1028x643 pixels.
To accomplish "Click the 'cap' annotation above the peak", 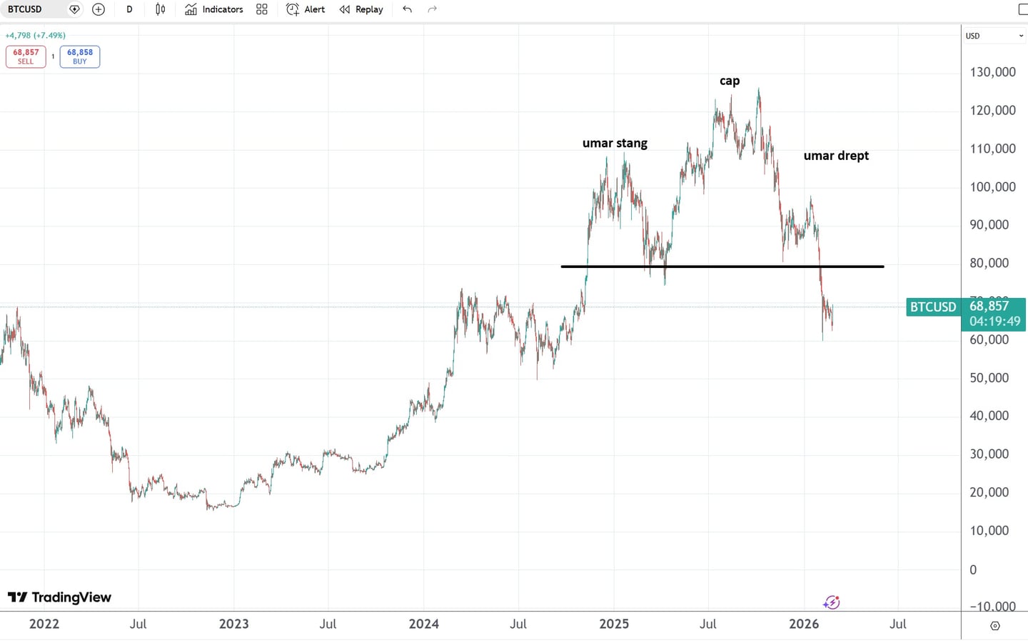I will tap(730, 81).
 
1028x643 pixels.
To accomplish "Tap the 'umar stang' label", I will tap(615, 143).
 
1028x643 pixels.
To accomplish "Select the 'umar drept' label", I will tap(836, 156).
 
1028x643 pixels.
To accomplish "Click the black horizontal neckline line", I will tap(722, 266).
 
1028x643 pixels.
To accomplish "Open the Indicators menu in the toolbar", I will tap(213, 9).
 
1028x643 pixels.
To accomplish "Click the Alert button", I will tap(306, 9).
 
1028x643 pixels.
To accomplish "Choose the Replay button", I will tap(361, 9).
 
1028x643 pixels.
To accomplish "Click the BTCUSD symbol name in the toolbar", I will tap(25, 9).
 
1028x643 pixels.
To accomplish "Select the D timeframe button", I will tap(129, 9).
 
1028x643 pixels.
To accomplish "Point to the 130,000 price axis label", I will tap(992, 72).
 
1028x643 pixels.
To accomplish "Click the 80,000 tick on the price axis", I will tap(989, 263).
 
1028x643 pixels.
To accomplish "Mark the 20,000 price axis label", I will tap(989, 492).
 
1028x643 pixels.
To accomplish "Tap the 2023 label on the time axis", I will tap(233, 624).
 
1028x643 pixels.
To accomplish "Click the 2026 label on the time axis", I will tap(804, 624).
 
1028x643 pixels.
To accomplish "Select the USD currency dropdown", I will tap(994, 36).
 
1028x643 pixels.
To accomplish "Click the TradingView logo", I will tap(59, 597).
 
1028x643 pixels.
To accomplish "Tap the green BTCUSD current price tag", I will tap(932, 307).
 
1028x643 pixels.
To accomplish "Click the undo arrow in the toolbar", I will tap(407, 9).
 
